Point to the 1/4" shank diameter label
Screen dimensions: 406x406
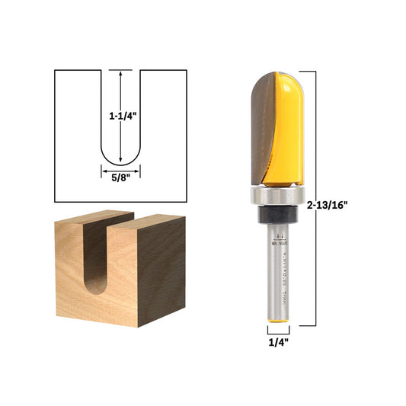pyautogui.click(x=278, y=342)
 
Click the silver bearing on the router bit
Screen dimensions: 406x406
pyautogui.click(x=278, y=197)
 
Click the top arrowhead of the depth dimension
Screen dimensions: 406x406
pyautogui.click(x=120, y=73)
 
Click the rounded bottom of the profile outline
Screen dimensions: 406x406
pyautogui.click(x=120, y=162)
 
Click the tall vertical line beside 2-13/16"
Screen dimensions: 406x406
pyautogui.click(x=315, y=198)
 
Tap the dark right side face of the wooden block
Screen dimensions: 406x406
pyautogui.click(x=161, y=267)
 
